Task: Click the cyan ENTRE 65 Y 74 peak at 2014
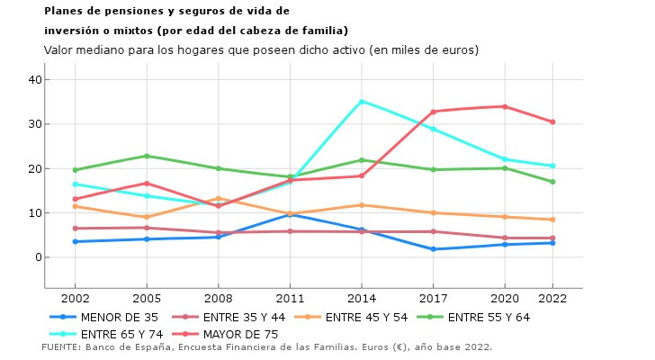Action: [362, 102]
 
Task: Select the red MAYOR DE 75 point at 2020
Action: [505, 106]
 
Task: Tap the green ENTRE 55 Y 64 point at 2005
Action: [147, 156]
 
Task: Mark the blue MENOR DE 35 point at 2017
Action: [433, 249]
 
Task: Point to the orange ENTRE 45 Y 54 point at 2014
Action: [362, 205]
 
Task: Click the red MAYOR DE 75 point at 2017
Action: [433, 112]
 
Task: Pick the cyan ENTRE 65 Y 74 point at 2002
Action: [75, 184]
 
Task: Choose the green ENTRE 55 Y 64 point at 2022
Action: [552, 182]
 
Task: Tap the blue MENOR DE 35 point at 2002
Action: [75, 241]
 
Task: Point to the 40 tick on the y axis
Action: [35, 79]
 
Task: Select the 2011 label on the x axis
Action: [290, 296]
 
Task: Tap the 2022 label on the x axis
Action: [552, 296]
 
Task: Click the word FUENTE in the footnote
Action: [61, 346]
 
